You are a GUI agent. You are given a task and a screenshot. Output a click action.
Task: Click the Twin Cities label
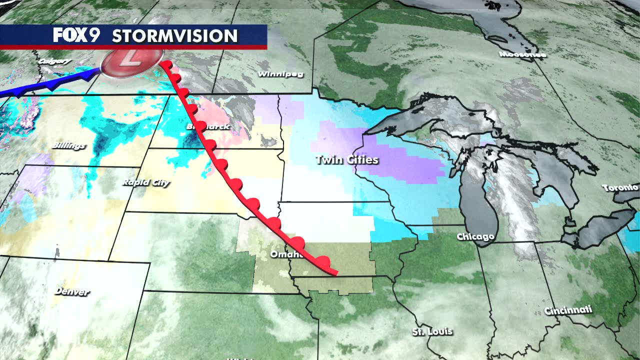(346, 160)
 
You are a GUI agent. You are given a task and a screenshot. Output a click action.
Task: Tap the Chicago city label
(475, 236)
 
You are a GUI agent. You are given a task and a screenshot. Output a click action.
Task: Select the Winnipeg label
(280, 74)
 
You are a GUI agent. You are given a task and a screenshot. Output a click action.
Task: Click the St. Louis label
(432, 331)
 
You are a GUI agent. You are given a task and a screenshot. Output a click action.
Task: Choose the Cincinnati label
(568, 310)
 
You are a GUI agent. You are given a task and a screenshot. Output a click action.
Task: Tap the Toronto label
(620, 188)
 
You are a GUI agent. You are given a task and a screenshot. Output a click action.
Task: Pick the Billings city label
(68, 146)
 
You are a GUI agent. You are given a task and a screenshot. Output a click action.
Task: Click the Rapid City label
(146, 183)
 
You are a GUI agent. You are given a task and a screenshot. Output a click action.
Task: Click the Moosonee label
(522, 54)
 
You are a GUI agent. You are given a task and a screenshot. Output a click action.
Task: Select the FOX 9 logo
(77, 35)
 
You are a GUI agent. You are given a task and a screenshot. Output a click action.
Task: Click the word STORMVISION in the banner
(174, 36)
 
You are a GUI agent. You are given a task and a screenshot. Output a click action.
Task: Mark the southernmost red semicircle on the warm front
(323, 261)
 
